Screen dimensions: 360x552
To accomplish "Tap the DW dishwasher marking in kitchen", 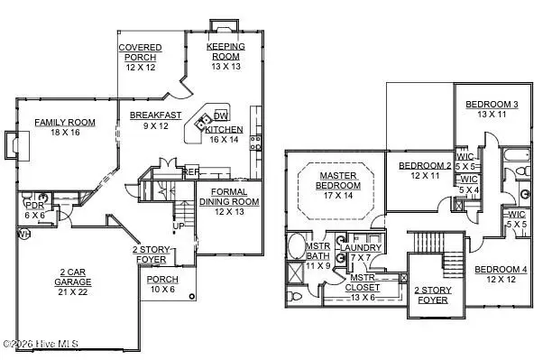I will pos(221,116).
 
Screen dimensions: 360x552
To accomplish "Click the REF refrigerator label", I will pos(191,171).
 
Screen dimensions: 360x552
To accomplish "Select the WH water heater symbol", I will pos(23,235).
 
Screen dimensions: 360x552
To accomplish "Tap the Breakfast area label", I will pos(156,115).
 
